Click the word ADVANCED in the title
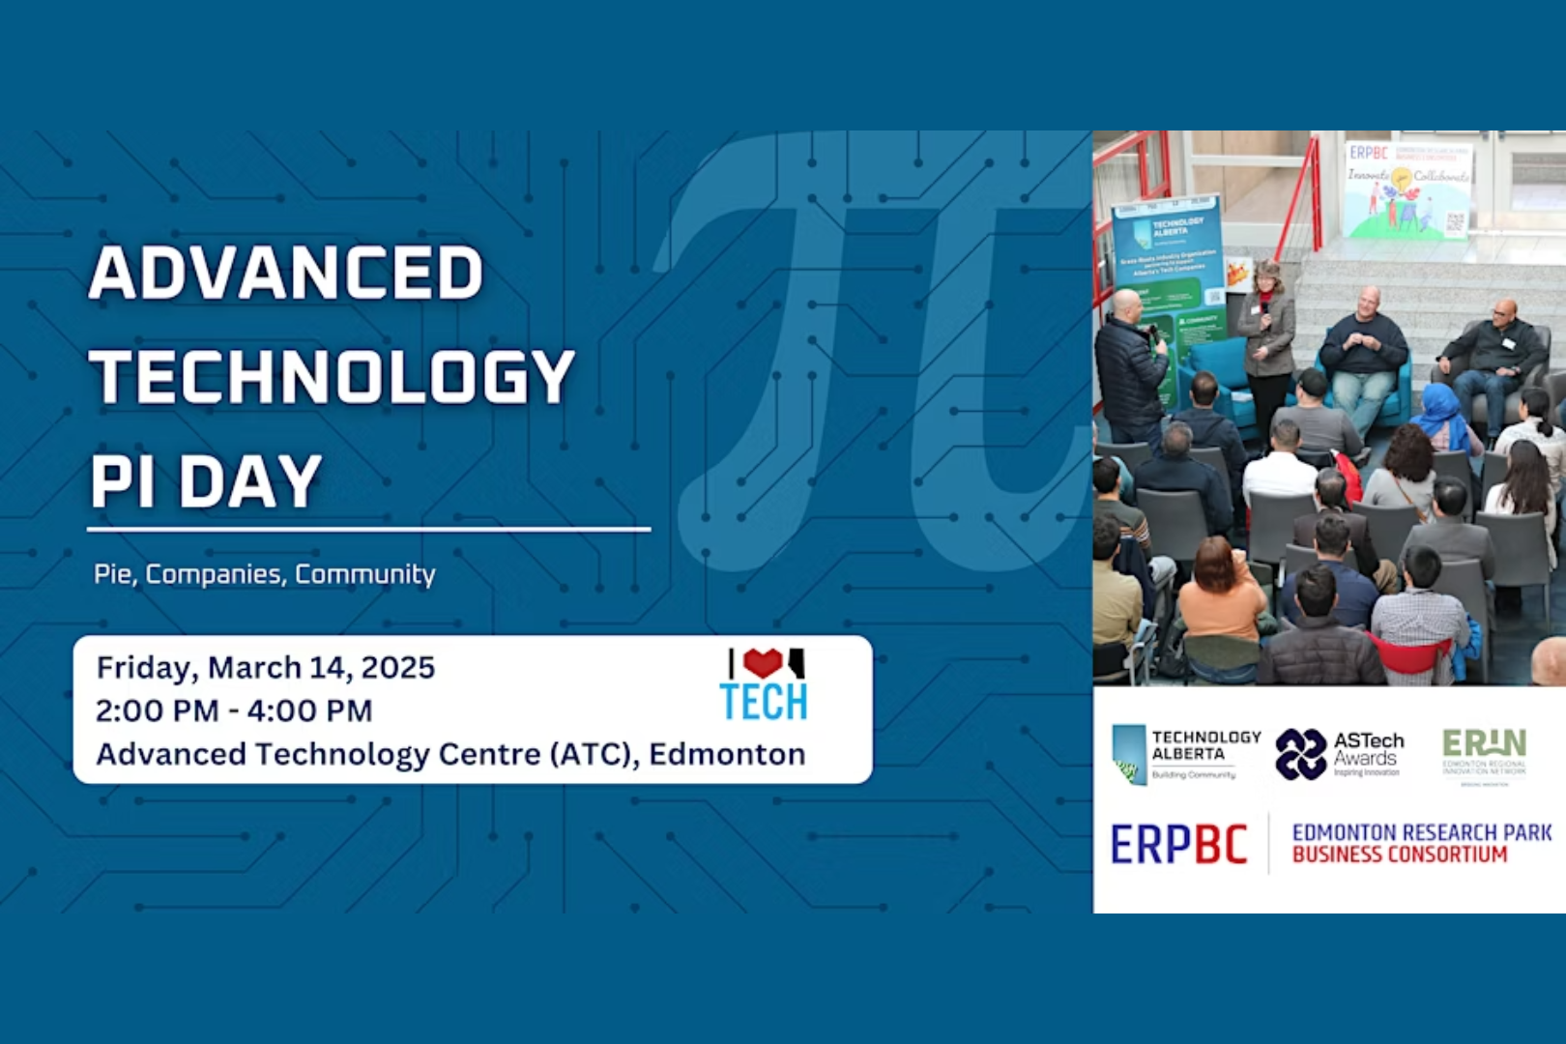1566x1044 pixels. click(x=286, y=273)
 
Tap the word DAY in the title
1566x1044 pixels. click(x=250, y=480)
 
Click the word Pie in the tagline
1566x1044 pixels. click(x=113, y=574)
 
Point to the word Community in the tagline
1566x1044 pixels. click(x=365, y=574)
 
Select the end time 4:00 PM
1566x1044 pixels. click(x=309, y=710)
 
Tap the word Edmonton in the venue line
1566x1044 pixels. click(x=727, y=754)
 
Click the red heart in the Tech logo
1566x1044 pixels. click(x=763, y=662)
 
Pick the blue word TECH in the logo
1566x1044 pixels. click(x=764, y=703)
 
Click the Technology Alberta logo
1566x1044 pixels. click(x=1186, y=754)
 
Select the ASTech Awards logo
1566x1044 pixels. click(x=1339, y=754)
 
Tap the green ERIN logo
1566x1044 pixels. click(x=1484, y=752)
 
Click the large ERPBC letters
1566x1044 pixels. click(x=1178, y=845)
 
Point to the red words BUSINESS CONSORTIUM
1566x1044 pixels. click(x=1399, y=855)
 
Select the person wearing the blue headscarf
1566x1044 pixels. click(x=1442, y=416)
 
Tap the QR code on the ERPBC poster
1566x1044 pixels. click(x=1456, y=221)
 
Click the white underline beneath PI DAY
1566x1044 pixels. click(x=368, y=529)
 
